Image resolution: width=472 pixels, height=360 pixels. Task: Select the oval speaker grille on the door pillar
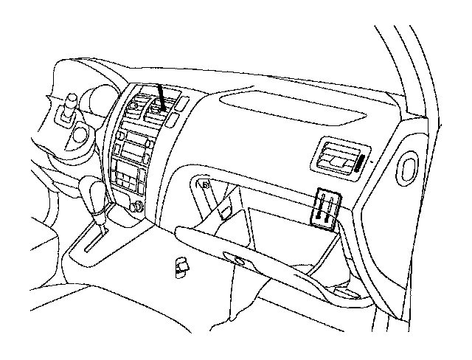click(x=407, y=167)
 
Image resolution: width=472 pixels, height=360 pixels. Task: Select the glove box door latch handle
click(x=238, y=259)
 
